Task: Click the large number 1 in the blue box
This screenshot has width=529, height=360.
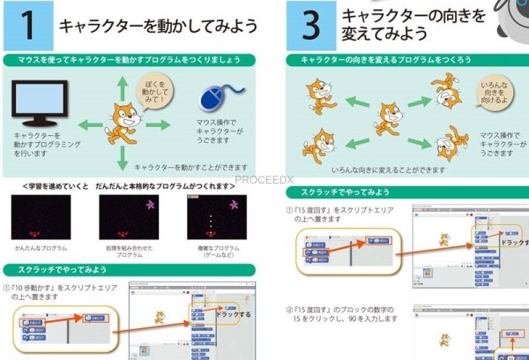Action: (x=27, y=26)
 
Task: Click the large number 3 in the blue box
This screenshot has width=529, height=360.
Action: (x=310, y=26)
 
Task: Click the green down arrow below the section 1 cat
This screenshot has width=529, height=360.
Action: (x=122, y=158)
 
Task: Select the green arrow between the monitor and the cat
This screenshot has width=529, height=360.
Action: (x=86, y=124)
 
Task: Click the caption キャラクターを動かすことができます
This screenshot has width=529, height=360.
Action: (x=190, y=166)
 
